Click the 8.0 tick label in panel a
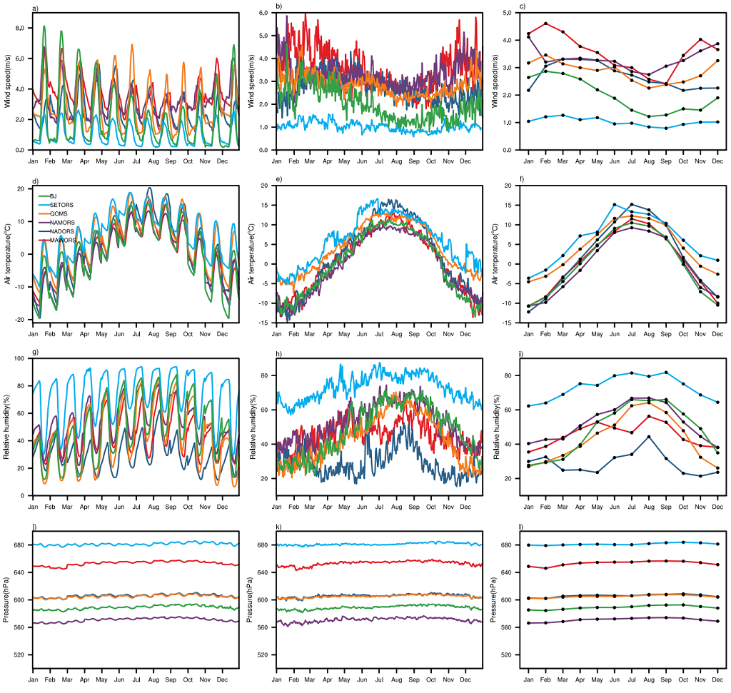[x=21, y=28]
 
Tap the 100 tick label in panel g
[x=20, y=359]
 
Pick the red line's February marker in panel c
[x=545, y=24]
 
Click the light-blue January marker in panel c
[x=528, y=121]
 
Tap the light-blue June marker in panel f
[x=614, y=205]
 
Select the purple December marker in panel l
[x=717, y=622]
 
